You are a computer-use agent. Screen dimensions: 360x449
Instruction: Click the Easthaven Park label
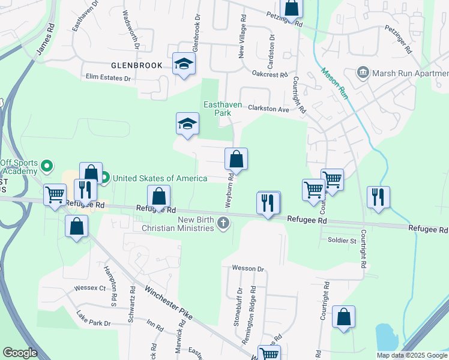[222, 109]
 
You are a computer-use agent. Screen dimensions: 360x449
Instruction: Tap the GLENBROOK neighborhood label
[136, 65]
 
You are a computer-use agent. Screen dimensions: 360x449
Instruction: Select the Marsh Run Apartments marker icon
[363, 73]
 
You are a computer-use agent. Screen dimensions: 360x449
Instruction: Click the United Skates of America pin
[104, 178]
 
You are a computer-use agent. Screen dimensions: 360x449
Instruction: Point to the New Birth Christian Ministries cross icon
[223, 224]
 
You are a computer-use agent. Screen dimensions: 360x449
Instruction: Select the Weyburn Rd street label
[230, 191]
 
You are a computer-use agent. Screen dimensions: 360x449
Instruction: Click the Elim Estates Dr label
[108, 78]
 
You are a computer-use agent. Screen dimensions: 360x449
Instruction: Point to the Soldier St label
[342, 241]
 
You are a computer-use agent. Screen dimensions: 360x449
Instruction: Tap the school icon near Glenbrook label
[184, 64]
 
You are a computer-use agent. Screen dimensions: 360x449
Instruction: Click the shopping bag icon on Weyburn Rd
[237, 160]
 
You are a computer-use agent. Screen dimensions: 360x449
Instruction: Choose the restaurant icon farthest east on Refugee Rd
[378, 197]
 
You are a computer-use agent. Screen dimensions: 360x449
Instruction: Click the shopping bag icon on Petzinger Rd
[292, 9]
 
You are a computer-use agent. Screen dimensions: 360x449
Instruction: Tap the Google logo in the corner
[20, 353]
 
